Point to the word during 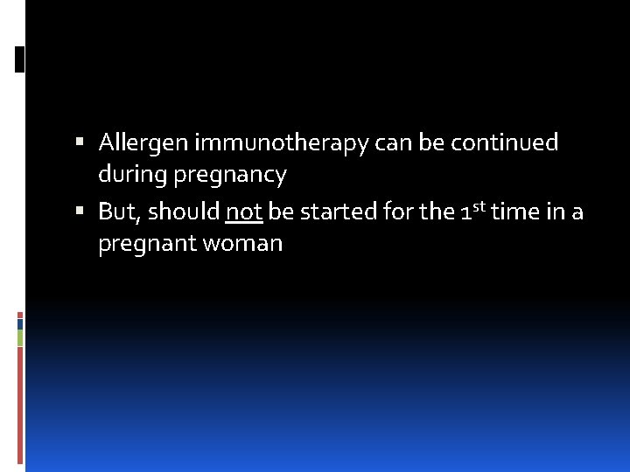point(132,175)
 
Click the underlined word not point(244,212)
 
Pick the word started point(339,212)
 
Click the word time point(514,211)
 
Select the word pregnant point(147,245)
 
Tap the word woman point(242,244)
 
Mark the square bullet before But point(80,211)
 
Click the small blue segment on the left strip point(20,323)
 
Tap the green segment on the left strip point(20,337)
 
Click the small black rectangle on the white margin point(19,59)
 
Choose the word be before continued point(431,142)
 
